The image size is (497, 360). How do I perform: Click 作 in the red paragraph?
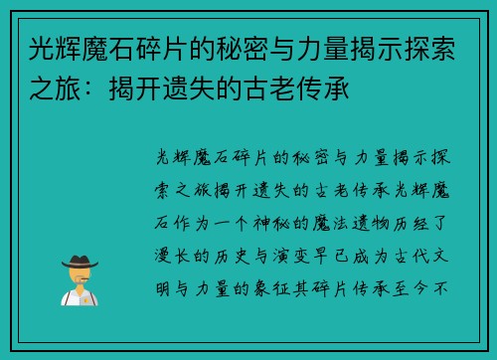click(x=186, y=222)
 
